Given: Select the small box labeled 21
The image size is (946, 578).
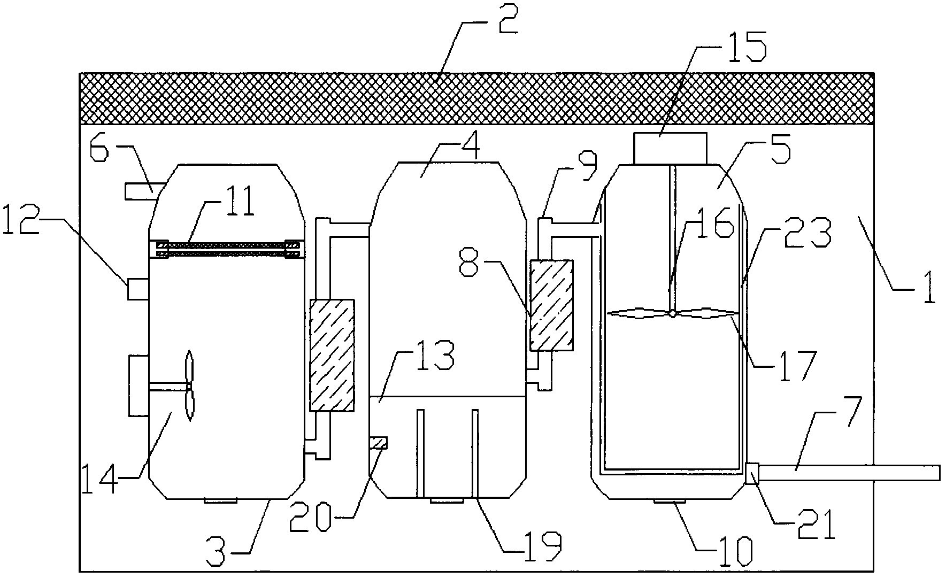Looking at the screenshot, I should coord(752,474).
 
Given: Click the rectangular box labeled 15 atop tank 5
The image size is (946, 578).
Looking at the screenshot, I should coord(670,148).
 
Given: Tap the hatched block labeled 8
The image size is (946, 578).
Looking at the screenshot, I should coord(551,305).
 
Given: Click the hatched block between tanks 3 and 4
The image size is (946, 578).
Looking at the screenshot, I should coord(332,356).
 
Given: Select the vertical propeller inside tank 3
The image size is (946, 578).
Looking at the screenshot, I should coord(188,386).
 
